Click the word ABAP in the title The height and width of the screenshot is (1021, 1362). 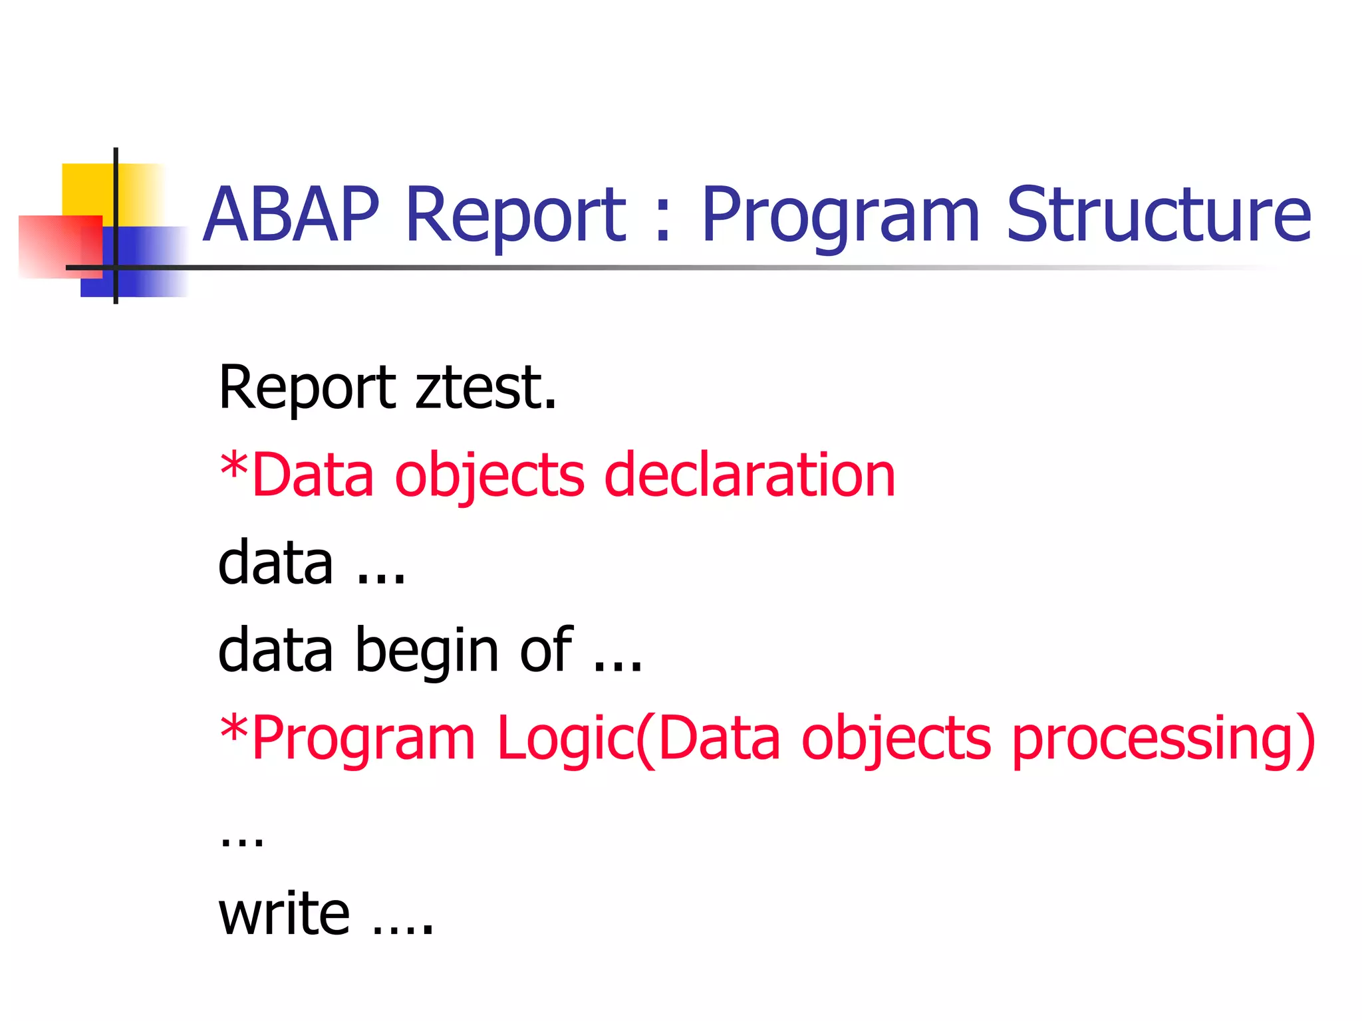[291, 214]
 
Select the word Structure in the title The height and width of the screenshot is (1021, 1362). [1158, 214]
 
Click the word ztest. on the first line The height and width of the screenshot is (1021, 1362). [486, 388]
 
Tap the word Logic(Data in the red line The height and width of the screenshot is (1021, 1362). [639, 738]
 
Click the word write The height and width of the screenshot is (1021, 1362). [284, 914]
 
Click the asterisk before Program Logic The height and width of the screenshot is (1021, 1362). [233, 729]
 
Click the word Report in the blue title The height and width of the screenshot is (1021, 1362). [515, 215]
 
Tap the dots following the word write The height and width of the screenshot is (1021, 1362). [403, 929]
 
